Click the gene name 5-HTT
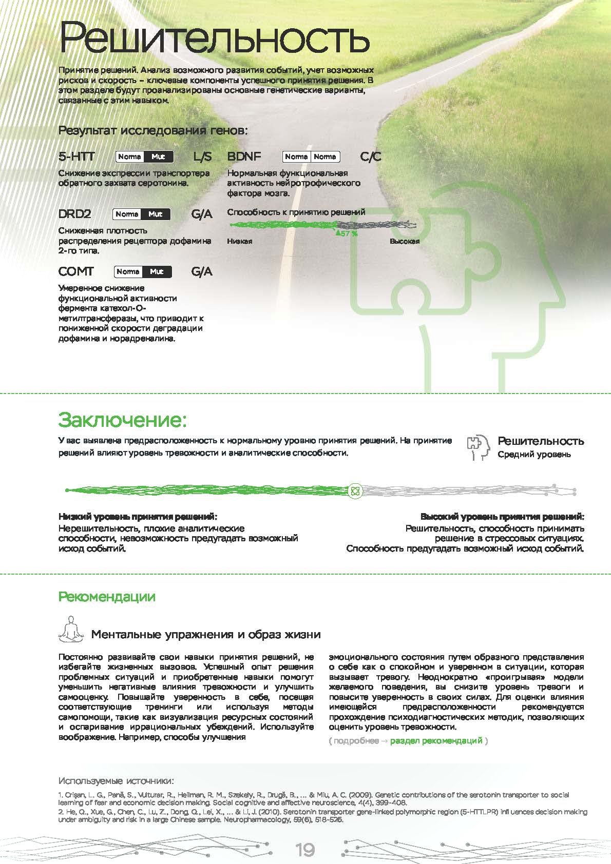tap(77, 156)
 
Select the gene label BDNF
tap(244, 156)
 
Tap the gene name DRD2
tap(75, 214)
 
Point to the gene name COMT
tap(76, 271)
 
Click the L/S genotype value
tap(202, 156)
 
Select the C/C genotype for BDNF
tap(371, 156)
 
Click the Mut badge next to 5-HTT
tap(158, 157)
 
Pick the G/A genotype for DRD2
tap(202, 214)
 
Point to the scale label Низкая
tap(239, 241)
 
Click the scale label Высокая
tap(405, 241)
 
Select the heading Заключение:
tap(122, 420)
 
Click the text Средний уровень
tap(534, 455)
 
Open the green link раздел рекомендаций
tap(436, 741)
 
